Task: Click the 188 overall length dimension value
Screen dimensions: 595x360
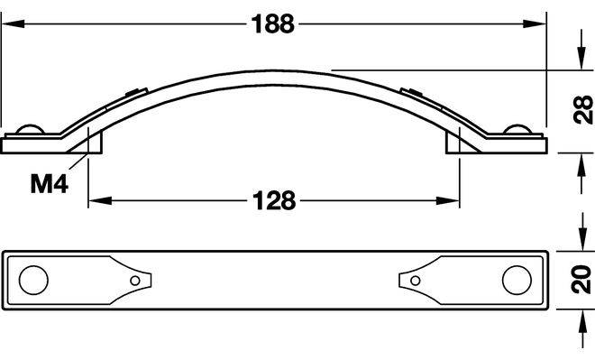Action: [x=273, y=24]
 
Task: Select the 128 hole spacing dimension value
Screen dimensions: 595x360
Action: [x=274, y=200]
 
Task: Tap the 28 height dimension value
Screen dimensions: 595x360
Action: [x=583, y=110]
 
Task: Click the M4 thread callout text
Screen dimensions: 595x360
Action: [x=50, y=185]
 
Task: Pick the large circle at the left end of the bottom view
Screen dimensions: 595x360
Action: [x=33, y=280]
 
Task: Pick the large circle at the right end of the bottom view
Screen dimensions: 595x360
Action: [x=517, y=280]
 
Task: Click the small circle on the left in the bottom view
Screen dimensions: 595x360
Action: [x=135, y=281]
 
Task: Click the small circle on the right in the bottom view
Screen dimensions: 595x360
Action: [x=416, y=281]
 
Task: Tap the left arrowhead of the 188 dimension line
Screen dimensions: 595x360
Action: [x=13, y=24]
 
